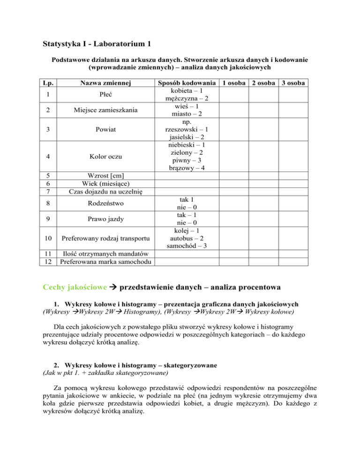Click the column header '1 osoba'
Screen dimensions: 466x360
click(x=232, y=83)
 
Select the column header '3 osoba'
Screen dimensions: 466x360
click(x=293, y=83)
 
